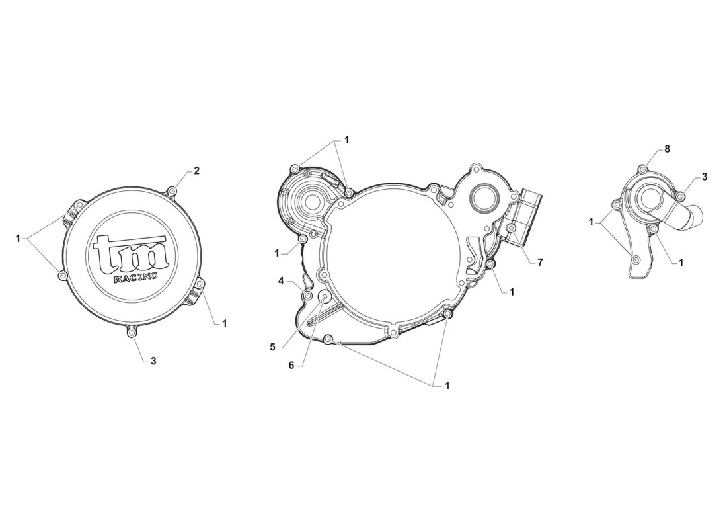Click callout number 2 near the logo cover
[x=196, y=171]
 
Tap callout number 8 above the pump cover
[x=667, y=149]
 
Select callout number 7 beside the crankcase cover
[x=540, y=262]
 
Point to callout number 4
[x=280, y=281]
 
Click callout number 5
[x=272, y=346]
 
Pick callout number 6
[x=291, y=365]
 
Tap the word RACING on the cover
[x=135, y=277]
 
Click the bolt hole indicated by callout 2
[x=172, y=191]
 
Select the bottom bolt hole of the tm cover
[x=133, y=333]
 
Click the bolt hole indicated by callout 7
[x=512, y=229]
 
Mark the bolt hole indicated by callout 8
[x=642, y=169]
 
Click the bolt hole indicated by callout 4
[x=307, y=295]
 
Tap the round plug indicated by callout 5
[x=325, y=296]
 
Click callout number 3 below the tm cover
[x=153, y=360]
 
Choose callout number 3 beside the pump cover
[x=705, y=177]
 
